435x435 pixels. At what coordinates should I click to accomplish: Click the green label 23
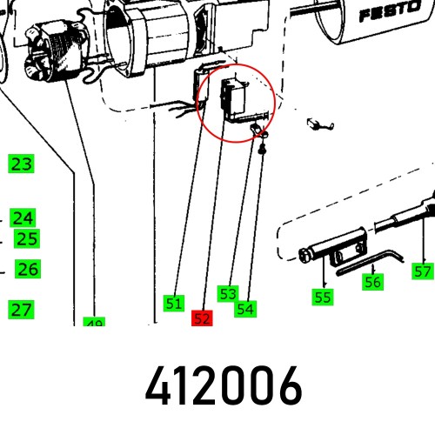[x=21, y=164]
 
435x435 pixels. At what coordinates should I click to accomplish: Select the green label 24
[x=23, y=217]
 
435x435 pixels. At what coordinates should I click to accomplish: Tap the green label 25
[x=28, y=238]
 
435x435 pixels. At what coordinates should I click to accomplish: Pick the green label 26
[x=28, y=270]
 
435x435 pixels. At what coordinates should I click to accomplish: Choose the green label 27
[x=21, y=309]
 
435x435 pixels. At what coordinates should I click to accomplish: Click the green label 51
[x=174, y=304]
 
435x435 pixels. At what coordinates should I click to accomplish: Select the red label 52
[x=202, y=318]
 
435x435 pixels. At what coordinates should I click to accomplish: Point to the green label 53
[x=228, y=294]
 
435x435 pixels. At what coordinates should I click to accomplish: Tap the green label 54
[x=245, y=307]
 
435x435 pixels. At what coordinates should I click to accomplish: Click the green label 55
[x=323, y=297]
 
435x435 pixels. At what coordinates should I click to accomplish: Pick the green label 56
[x=372, y=282]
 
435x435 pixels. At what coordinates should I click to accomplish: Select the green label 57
[x=422, y=271]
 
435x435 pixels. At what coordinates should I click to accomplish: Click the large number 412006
[x=224, y=385]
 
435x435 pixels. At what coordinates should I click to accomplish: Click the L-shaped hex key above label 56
[x=370, y=264]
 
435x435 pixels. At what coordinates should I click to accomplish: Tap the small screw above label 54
[x=262, y=151]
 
